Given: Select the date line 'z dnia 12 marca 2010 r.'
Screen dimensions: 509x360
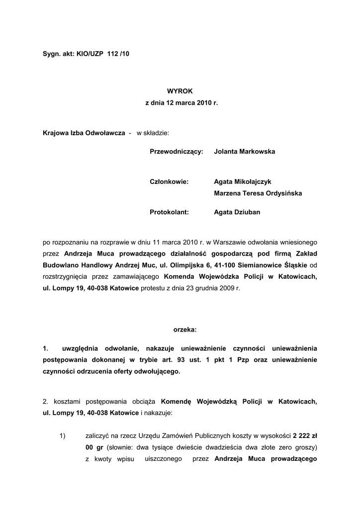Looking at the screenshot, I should [181, 103].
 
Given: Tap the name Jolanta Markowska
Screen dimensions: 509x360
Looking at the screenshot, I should [244, 152].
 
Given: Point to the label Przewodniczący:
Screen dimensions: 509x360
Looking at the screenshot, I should [177, 152].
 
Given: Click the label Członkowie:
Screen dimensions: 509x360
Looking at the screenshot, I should [169, 182].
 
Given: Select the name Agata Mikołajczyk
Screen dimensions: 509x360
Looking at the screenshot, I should [243, 182].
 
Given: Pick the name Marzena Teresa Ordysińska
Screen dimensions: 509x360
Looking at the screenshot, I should [258, 193].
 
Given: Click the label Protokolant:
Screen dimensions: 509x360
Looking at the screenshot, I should [170, 212].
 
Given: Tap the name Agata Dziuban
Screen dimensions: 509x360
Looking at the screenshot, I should [237, 212].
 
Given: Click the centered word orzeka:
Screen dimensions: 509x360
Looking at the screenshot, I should [185, 330].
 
